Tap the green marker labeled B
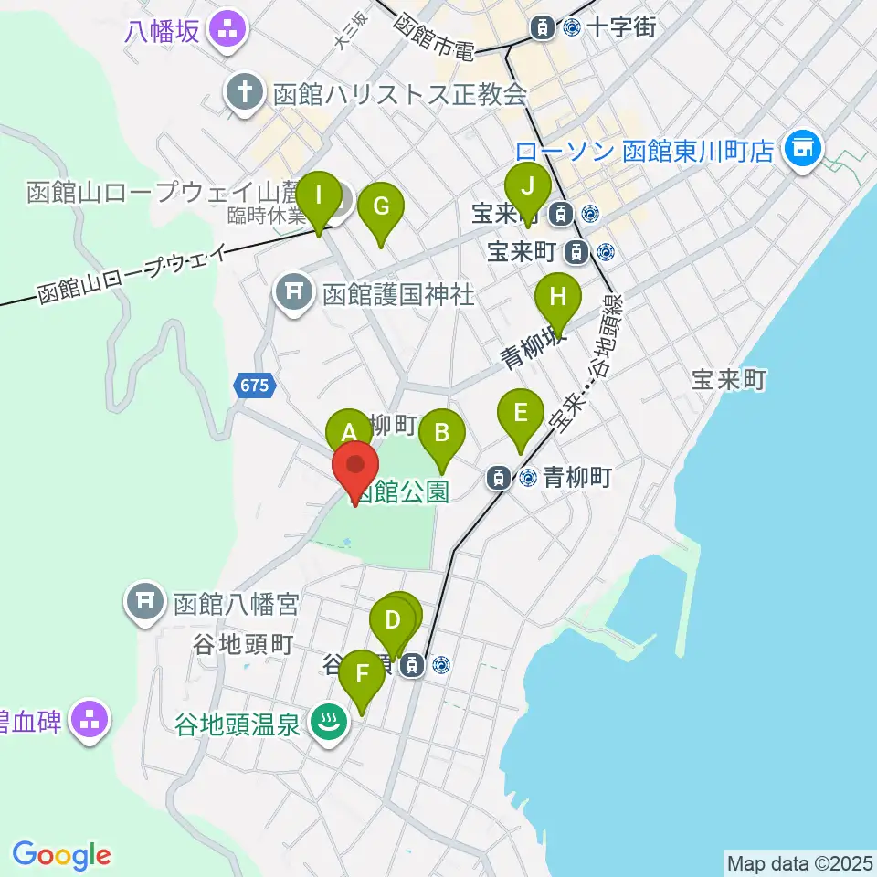(442, 431)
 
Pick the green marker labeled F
(363, 677)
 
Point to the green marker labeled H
(557, 299)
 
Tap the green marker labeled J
(527, 188)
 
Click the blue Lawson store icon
(804, 145)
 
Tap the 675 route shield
(255, 386)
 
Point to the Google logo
(62, 855)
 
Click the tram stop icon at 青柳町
(499, 476)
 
